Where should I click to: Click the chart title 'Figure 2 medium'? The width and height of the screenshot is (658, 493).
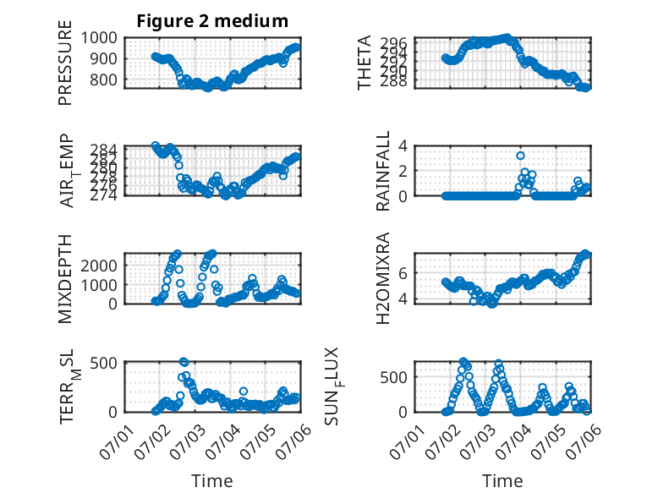pos(212,21)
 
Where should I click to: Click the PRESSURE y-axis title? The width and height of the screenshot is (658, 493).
pos(65,63)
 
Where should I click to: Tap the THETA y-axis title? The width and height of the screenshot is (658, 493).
pos(365,63)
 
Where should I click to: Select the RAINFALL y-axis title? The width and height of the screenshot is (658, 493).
pos(383,171)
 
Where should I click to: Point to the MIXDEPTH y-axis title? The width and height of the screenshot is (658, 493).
pos(65,278)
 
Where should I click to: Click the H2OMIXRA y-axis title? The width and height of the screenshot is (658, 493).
pos(383,278)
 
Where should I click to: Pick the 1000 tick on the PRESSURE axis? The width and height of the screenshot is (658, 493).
pos(99,38)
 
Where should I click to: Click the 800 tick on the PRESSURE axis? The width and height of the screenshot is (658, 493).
pos(103,79)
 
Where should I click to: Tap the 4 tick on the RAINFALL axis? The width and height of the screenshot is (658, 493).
pos(403,146)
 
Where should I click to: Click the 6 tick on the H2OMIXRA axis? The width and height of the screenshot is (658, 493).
pos(403,273)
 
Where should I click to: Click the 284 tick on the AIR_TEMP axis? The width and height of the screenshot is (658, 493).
pos(103,150)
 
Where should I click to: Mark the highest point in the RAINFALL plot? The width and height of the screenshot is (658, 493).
pos(520,156)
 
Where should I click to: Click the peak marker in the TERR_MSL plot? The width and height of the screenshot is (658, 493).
pos(184,362)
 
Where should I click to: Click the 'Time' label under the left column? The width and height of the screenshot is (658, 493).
pos(212,480)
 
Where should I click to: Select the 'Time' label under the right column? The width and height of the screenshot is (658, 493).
pos(502,480)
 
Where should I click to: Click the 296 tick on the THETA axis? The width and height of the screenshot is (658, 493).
pos(393,43)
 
